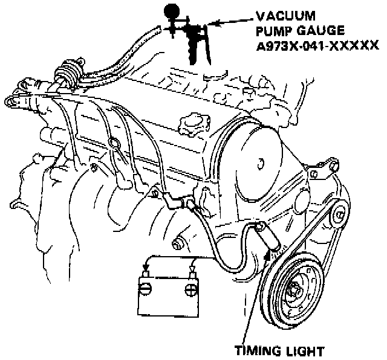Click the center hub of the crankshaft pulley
pyautogui.click(x=298, y=288)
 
